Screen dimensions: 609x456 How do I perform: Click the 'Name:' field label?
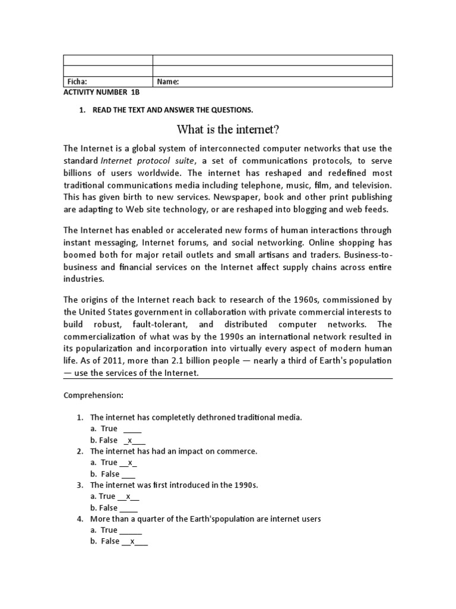click(x=167, y=82)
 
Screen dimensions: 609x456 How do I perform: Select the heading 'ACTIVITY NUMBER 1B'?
click(x=101, y=93)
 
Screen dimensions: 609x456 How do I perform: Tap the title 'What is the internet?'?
click(x=227, y=129)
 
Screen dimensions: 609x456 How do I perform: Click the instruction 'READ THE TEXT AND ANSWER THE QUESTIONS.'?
click(x=173, y=110)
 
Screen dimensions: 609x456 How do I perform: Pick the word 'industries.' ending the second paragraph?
click(x=84, y=279)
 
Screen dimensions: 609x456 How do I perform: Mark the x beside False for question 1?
click(x=129, y=440)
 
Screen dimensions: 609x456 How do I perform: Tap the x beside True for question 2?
click(x=129, y=462)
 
